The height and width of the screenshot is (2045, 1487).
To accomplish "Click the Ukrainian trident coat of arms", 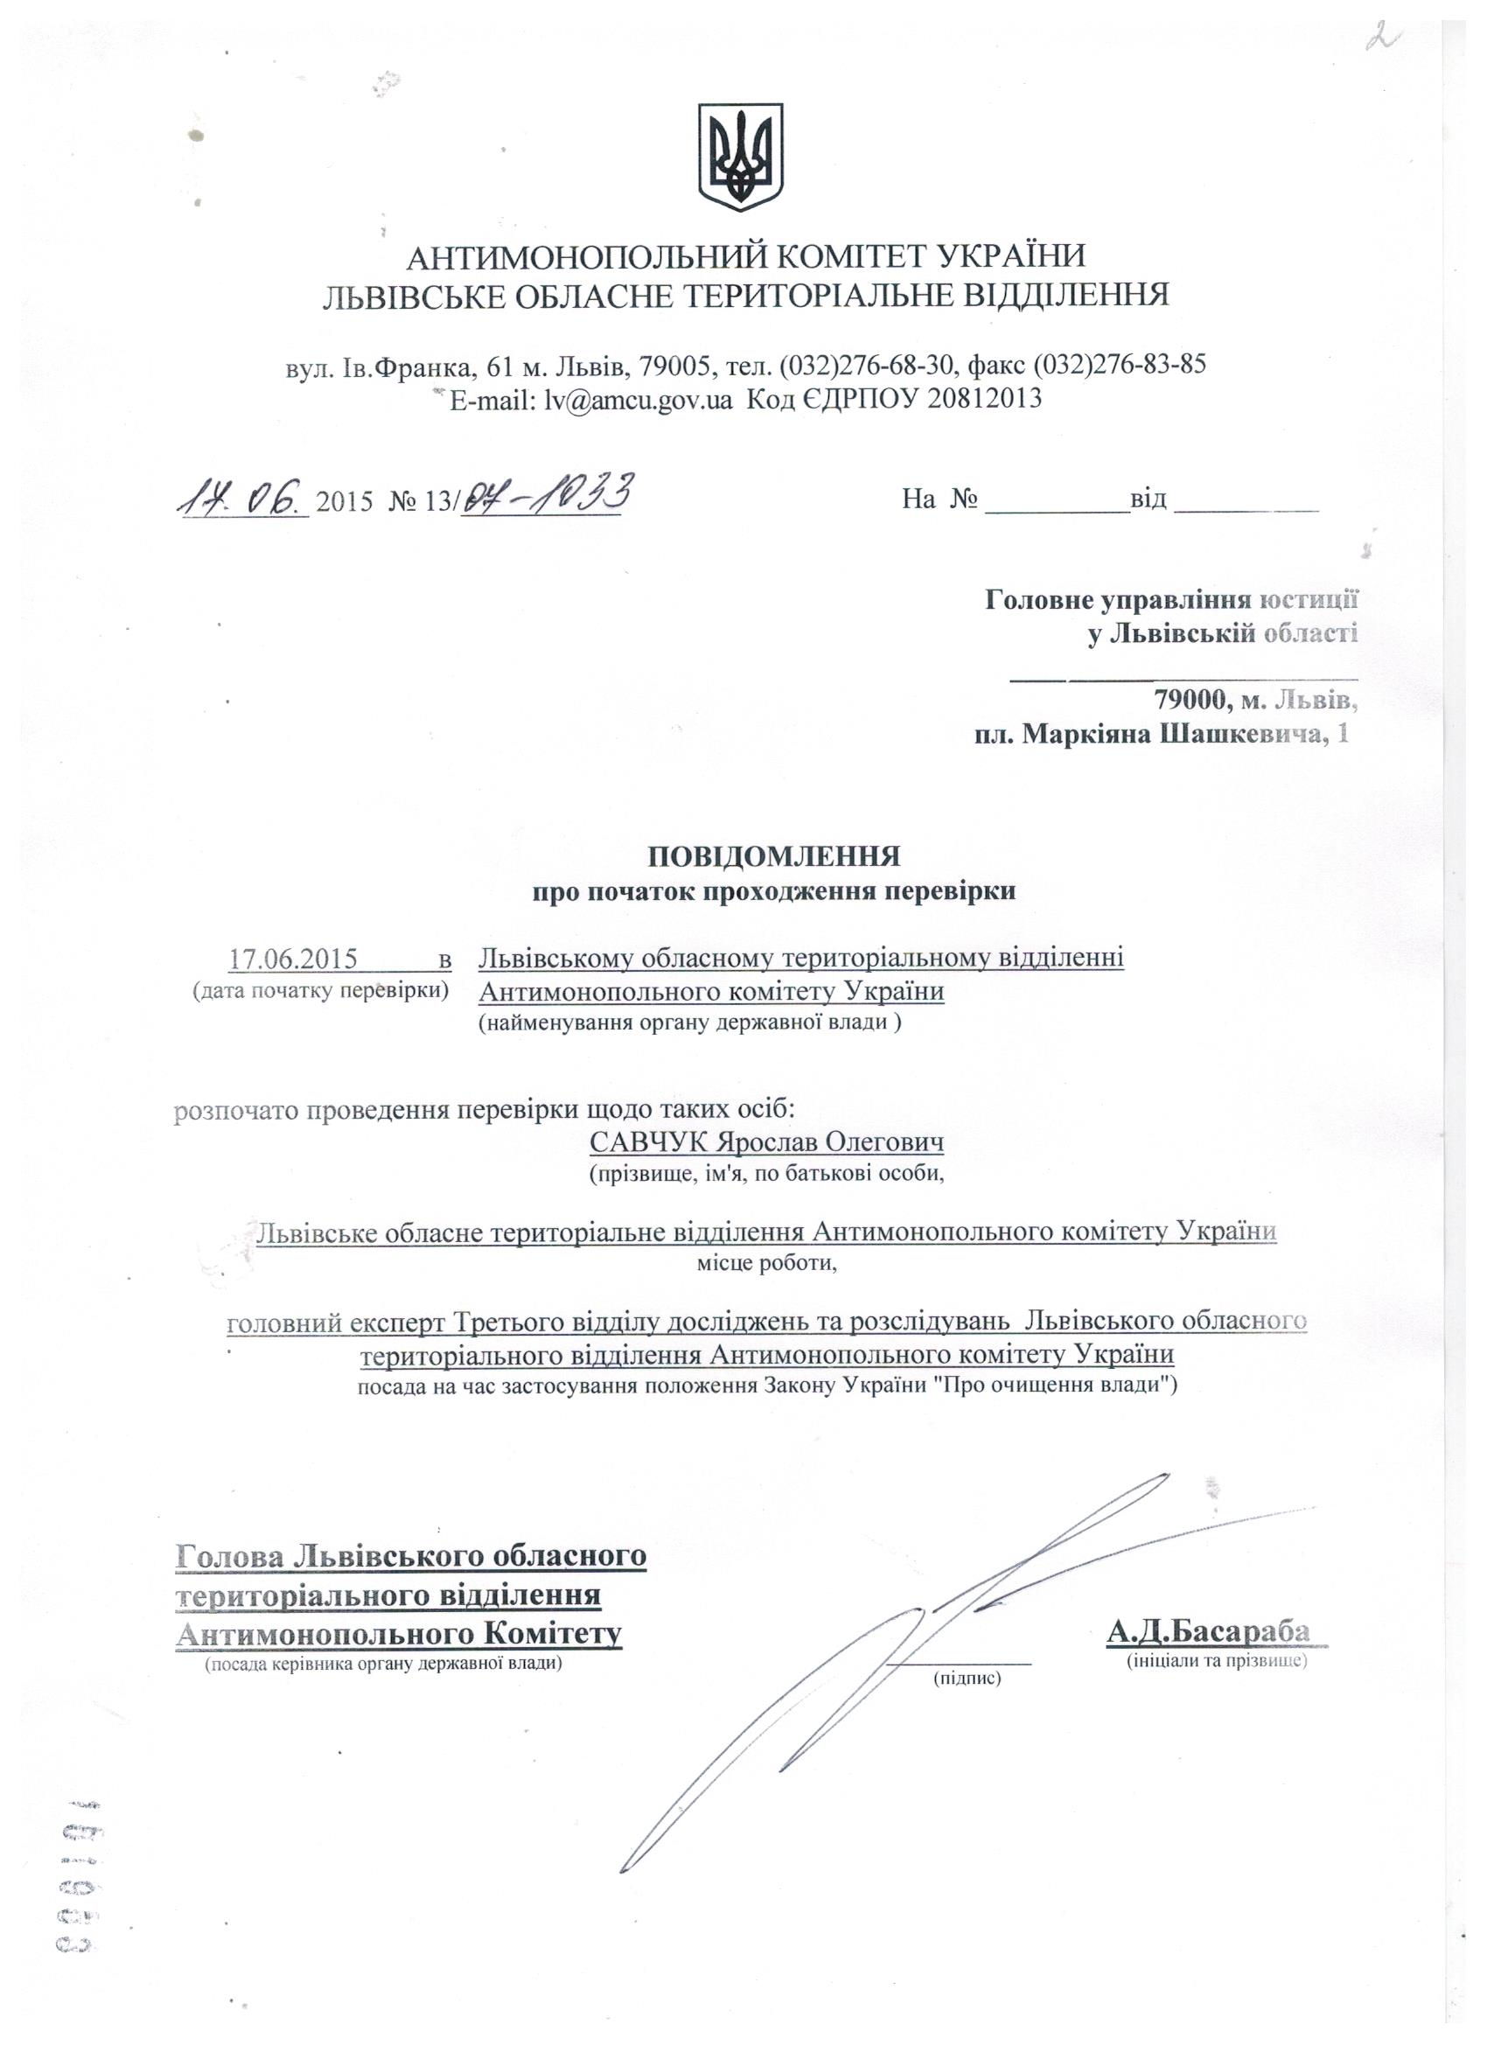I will [x=741, y=157].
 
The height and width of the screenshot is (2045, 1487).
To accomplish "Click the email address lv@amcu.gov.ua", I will [x=637, y=398].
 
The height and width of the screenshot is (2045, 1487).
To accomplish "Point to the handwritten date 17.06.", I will [x=242, y=497].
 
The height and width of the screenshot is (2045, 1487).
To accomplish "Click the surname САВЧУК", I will [x=649, y=1142].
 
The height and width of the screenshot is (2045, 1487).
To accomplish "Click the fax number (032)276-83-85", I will [x=1119, y=364].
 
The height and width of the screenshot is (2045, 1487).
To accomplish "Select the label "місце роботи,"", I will [x=767, y=1262].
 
